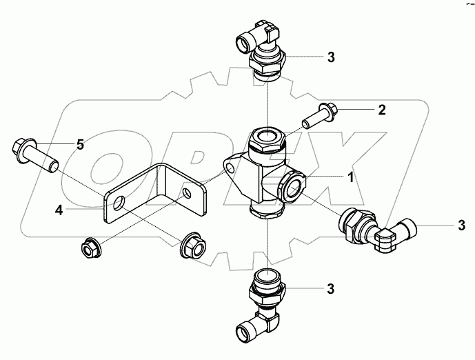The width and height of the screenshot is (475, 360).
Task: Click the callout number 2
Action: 381,110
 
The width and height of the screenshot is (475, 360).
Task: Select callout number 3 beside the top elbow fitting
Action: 331,57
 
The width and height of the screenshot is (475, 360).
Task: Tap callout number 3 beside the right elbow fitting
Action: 462,226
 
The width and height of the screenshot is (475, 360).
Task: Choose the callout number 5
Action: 80,144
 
